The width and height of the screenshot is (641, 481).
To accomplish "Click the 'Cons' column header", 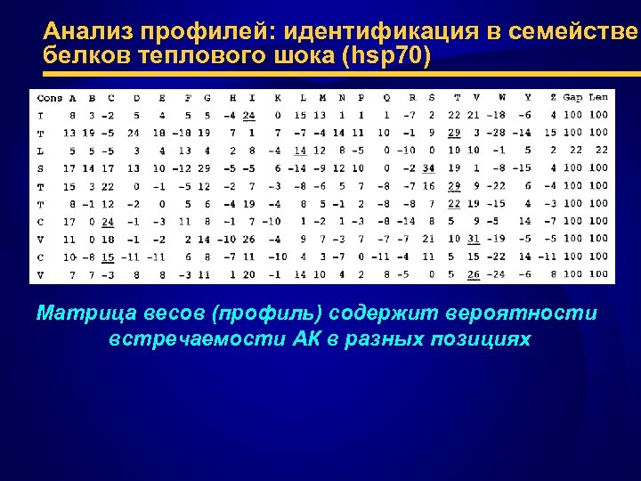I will click(x=50, y=97).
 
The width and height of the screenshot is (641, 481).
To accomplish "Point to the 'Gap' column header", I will click(x=572, y=97).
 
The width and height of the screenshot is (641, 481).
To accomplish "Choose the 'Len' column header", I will click(x=599, y=97).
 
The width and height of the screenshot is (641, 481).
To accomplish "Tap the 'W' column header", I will click(x=502, y=97).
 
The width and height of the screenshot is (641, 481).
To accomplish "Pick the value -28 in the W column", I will click(x=497, y=132).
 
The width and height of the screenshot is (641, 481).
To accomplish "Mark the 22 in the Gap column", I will click(x=575, y=150).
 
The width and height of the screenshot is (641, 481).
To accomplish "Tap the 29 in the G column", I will click(x=206, y=167).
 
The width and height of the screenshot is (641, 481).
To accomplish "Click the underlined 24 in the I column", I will click(x=248, y=115).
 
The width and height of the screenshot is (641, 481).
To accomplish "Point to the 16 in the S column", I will click(x=429, y=185).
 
